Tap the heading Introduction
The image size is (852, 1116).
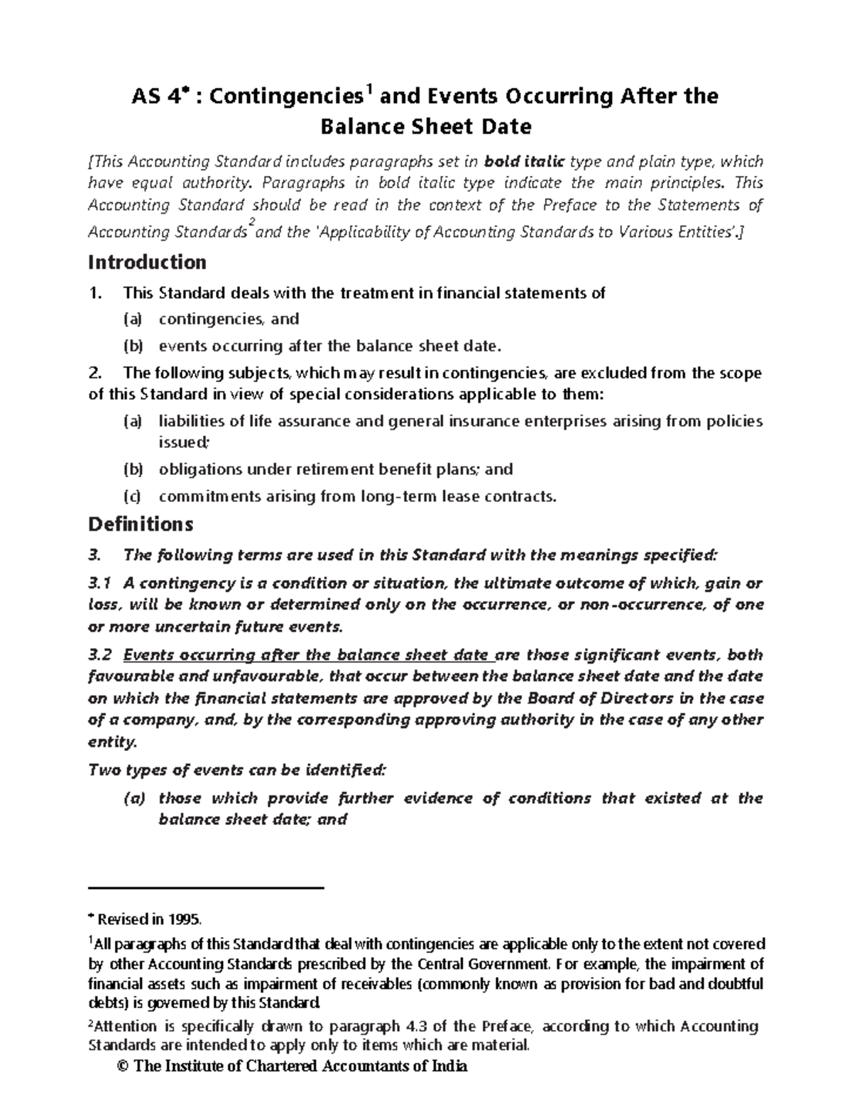147,262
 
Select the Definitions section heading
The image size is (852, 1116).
140,524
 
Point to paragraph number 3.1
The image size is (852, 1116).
100,583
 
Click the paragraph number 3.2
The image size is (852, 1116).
100,655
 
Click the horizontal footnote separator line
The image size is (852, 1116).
206,887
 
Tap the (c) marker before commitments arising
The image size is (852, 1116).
133,496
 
